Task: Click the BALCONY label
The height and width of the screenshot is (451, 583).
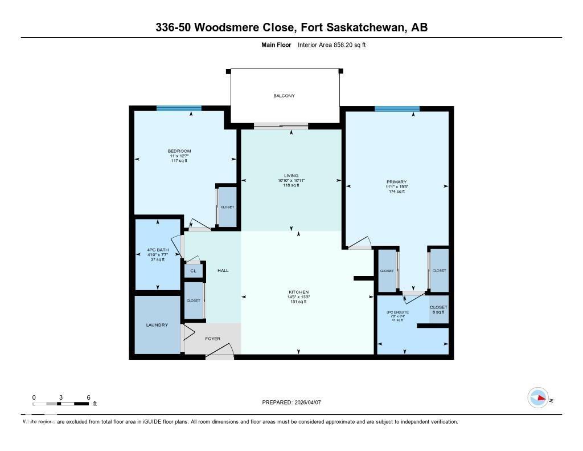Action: (284, 96)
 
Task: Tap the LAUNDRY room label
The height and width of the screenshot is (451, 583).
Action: (157, 325)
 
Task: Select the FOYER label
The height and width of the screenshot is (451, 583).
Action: (212, 338)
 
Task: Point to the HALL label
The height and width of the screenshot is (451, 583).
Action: (223, 270)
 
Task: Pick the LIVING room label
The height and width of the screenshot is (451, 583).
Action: (291, 176)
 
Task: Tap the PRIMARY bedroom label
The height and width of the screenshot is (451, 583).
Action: (397, 182)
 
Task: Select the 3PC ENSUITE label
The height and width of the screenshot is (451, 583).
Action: (397, 311)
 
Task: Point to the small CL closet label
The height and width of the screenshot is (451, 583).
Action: (193, 271)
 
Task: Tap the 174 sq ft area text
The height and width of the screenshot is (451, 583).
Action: (397, 192)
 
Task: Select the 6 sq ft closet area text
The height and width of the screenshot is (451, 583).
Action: (438, 312)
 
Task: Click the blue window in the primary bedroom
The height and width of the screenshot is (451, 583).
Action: (397, 108)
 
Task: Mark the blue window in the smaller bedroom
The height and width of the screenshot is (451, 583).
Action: (179, 108)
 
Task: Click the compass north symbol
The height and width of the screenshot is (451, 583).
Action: (539, 398)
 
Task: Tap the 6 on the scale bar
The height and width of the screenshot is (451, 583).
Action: (88, 397)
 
